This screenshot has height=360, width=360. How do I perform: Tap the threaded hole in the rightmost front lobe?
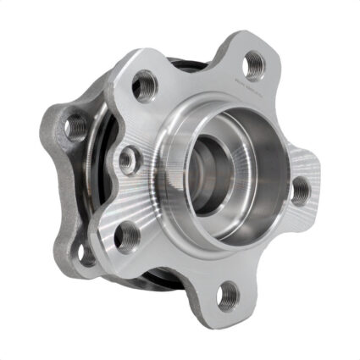click(x=301, y=191)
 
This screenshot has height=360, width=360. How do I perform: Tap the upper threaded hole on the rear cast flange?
click(x=76, y=126)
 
